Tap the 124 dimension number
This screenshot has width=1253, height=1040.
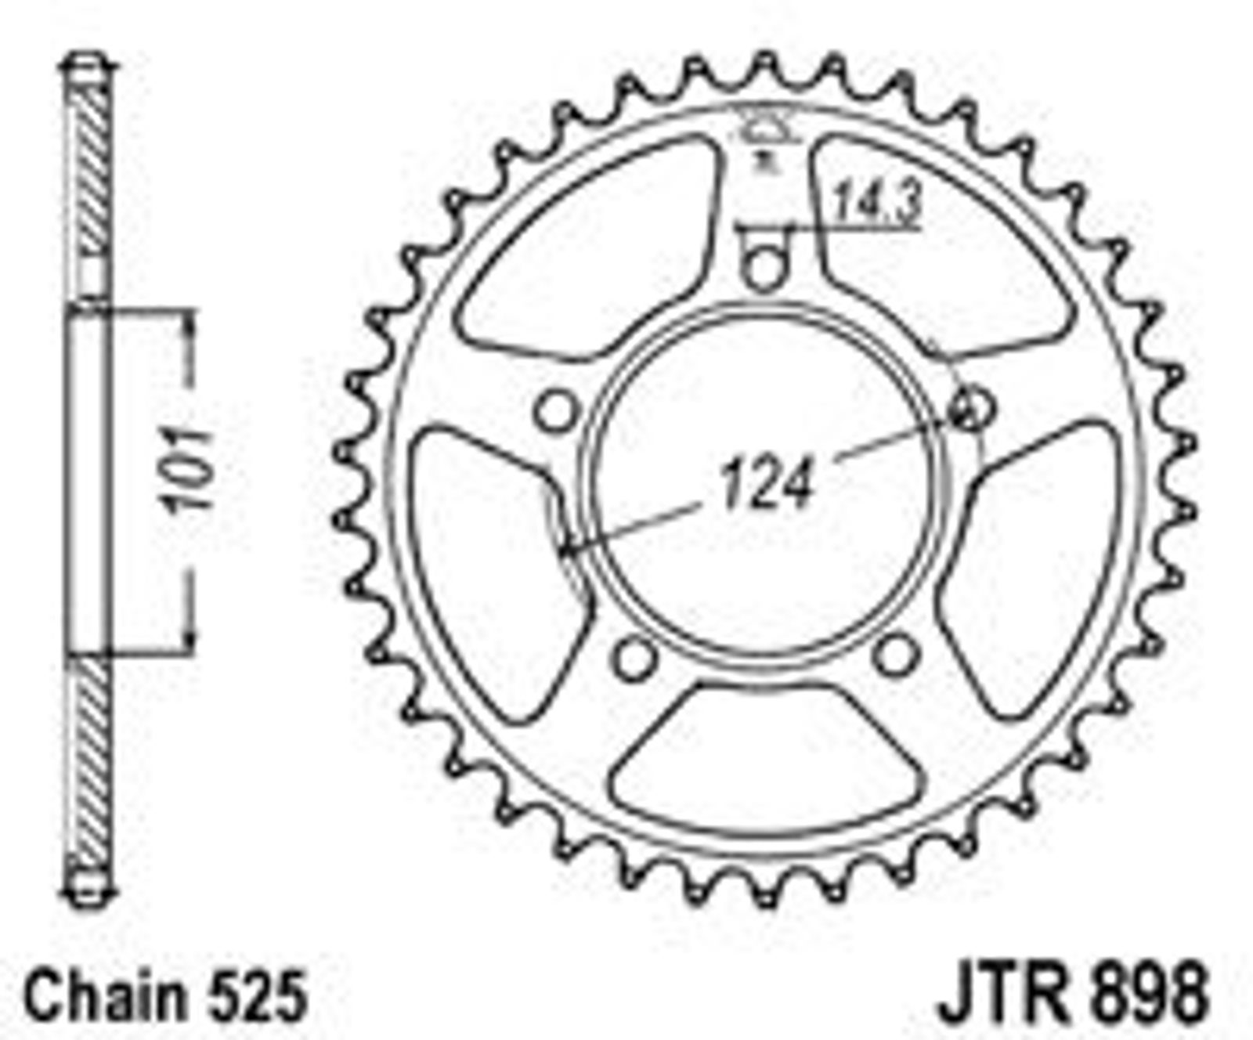coord(767,483)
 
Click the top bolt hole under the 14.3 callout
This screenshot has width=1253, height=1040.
coord(763,266)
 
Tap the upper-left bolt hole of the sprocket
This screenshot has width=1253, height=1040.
coord(557,410)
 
